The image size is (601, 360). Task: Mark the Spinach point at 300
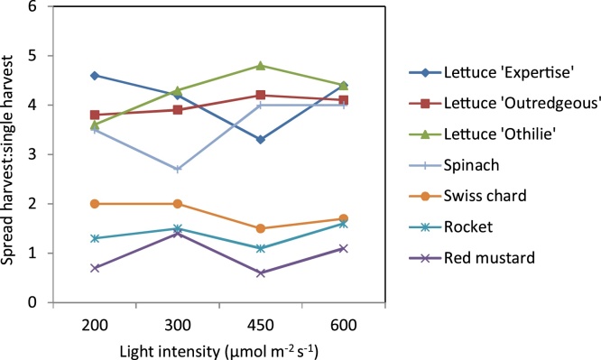[x=178, y=170]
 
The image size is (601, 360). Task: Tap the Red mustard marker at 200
[x=95, y=268]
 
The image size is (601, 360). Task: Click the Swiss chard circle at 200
[x=95, y=204]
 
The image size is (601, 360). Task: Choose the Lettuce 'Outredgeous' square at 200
[x=95, y=115]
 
